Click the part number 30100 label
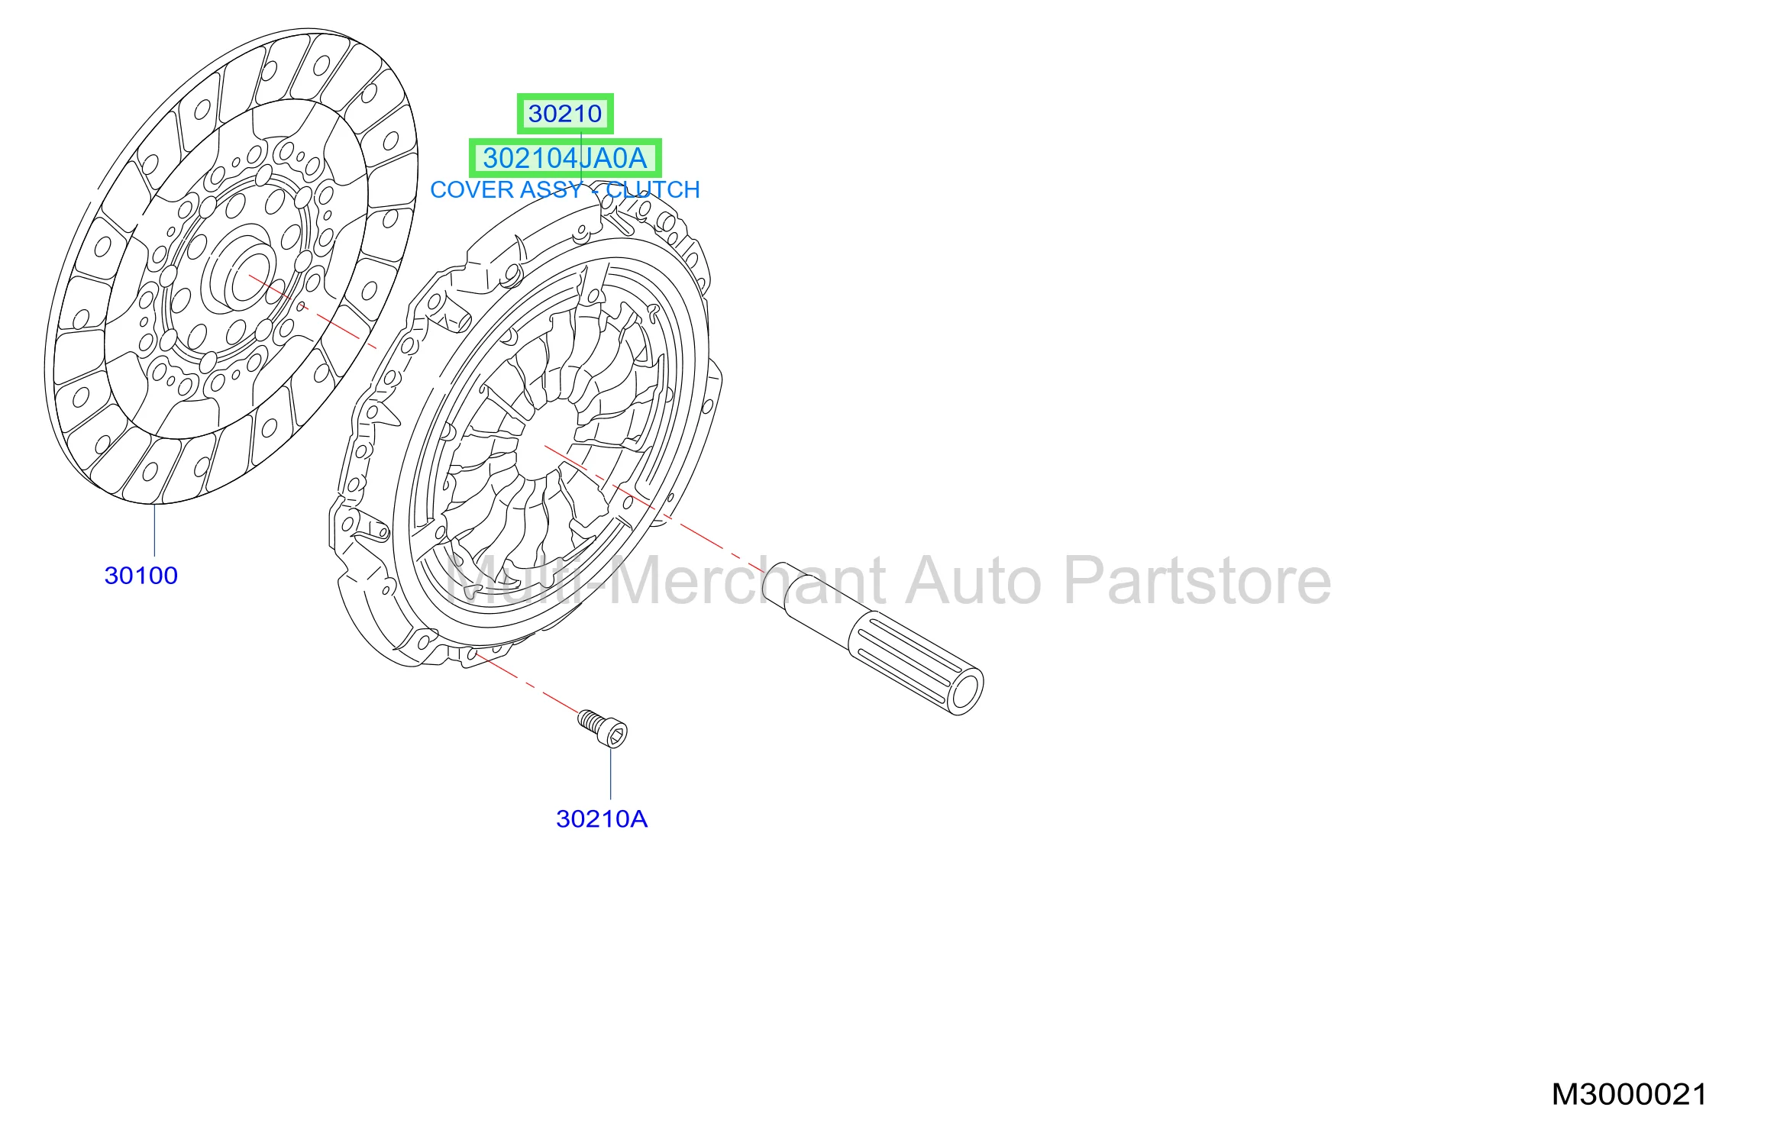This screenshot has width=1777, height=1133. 141,576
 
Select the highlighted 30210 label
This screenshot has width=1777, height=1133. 565,114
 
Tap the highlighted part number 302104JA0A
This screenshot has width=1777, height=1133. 565,158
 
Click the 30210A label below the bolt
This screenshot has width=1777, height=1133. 602,819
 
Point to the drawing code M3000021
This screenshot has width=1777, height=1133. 1629,1095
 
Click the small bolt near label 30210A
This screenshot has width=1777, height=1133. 603,728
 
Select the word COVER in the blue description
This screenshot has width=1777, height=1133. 468,190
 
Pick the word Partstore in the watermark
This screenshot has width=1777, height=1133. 1197,582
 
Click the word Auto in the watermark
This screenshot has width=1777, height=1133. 974,582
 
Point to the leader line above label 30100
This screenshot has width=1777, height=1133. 154,530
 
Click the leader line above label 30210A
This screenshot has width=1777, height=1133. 611,773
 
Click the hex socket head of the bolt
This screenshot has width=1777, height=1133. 616,734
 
